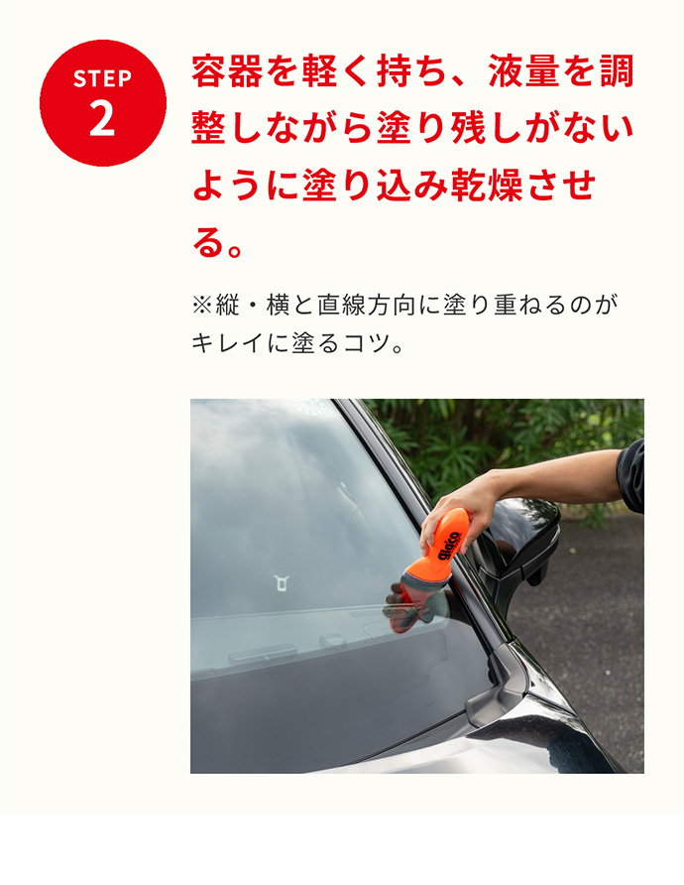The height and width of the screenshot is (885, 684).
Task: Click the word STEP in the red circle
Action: pyautogui.click(x=102, y=78)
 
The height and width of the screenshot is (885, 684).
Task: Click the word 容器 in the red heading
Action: pyautogui.click(x=227, y=71)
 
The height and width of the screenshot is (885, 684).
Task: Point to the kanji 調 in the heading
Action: pyautogui.click(x=617, y=71)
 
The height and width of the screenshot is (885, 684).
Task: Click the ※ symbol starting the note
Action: pyautogui.click(x=202, y=305)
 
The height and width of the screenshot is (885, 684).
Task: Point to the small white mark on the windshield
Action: pyautogui.click(x=282, y=582)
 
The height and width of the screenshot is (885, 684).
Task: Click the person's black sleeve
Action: pyautogui.click(x=631, y=475)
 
